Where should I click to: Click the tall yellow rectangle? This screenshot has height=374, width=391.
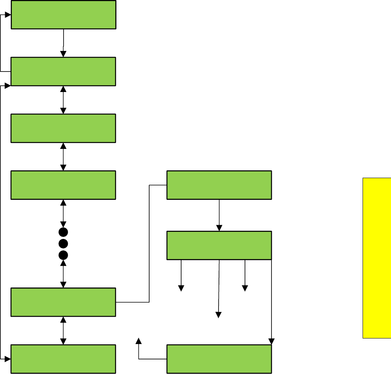[377, 258]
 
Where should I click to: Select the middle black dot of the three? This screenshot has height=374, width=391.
[63, 243]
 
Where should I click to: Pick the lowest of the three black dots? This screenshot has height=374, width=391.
[63, 255]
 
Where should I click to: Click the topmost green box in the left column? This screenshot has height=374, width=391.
[63, 15]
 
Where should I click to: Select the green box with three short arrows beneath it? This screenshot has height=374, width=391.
[219, 245]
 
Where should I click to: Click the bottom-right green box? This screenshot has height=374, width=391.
[219, 359]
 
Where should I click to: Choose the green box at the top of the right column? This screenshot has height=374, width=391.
[219, 185]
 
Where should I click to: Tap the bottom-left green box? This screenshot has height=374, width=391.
[63, 359]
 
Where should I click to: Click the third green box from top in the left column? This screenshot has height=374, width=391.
[63, 128]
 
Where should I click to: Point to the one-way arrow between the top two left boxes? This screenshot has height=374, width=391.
[63, 43]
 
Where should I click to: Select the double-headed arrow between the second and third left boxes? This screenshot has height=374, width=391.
[63, 100]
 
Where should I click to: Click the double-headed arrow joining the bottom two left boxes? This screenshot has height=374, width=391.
[63, 330]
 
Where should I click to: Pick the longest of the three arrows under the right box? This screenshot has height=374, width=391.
[219, 288]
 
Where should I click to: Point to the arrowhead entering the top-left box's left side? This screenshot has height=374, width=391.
[7, 15]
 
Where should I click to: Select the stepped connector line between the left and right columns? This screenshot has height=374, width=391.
[149, 243]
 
